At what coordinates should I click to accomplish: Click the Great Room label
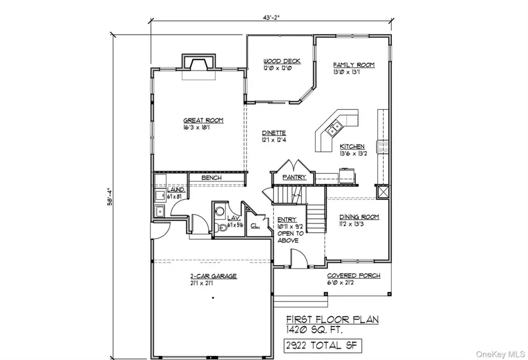tap(203, 120)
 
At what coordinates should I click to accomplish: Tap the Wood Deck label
tap(278, 61)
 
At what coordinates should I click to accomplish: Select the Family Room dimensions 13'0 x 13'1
tap(346, 72)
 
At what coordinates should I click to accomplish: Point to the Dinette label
tap(273, 133)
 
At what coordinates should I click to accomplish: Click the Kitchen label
tap(352, 147)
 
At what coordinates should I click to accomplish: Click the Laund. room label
tap(176, 190)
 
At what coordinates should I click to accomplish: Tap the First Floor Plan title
tap(331, 320)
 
